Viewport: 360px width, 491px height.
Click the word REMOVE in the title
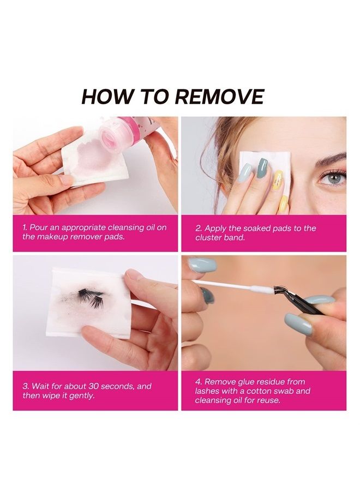point(220,97)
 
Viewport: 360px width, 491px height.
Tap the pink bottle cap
point(116,136)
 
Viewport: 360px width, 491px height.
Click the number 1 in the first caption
point(25,227)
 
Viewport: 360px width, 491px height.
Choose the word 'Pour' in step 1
point(39,227)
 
